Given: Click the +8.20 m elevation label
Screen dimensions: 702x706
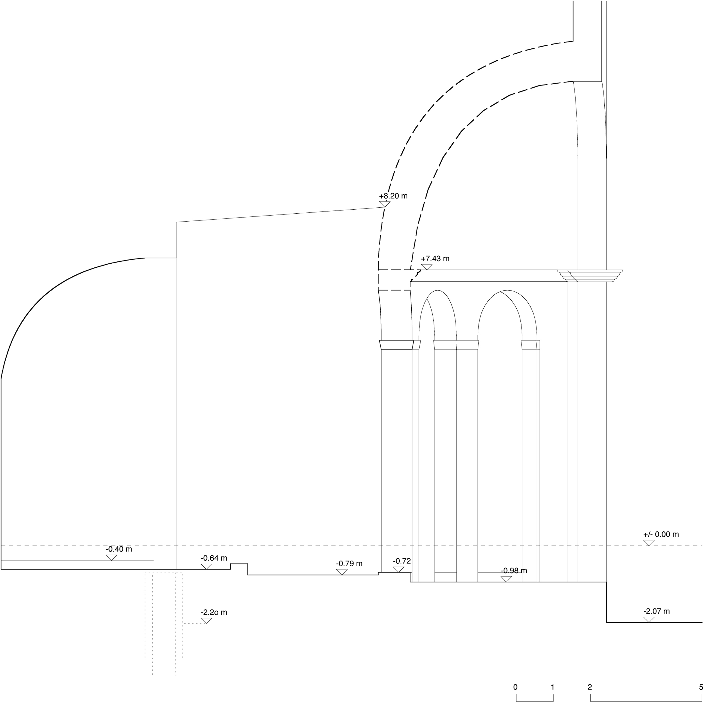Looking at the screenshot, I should [393, 196].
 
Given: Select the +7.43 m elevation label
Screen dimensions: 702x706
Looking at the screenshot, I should [435, 259].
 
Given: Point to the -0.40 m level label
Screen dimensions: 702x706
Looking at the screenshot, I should [119, 550].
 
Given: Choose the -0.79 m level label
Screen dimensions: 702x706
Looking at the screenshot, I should [349, 564].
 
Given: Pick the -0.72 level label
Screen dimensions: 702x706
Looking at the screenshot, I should [402, 561].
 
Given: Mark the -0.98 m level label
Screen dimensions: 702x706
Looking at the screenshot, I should [514, 571].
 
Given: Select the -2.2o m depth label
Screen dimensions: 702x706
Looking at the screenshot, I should [214, 613].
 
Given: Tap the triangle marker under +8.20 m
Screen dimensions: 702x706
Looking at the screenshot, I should [384, 205].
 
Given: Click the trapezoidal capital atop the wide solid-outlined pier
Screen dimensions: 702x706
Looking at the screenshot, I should [397, 345].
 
